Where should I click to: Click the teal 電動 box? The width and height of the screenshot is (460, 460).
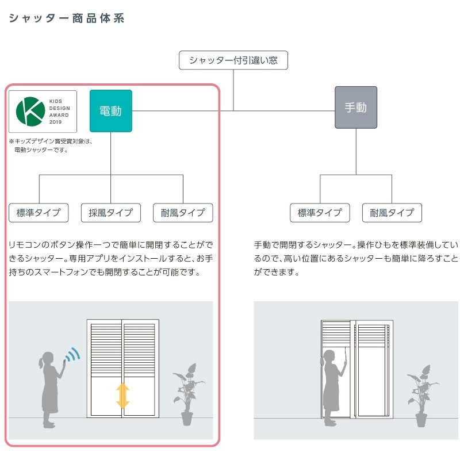click(x=110, y=111)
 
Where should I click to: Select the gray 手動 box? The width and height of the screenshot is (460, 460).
click(x=356, y=108)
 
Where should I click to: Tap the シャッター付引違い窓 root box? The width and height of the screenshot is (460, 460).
click(x=233, y=60)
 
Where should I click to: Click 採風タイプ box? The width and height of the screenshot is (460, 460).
click(x=111, y=213)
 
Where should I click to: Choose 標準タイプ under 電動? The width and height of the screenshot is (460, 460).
click(x=39, y=213)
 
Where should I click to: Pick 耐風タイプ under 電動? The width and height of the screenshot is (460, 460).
click(x=183, y=213)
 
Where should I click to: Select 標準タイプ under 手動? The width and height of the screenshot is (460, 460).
click(x=320, y=213)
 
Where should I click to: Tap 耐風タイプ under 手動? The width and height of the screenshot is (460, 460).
click(x=392, y=213)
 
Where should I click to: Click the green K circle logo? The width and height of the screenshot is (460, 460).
click(x=30, y=112)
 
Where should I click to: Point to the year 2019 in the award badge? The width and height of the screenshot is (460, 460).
click(x=55, y=122)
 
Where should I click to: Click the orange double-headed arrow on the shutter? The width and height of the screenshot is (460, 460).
click(x=122, y=396)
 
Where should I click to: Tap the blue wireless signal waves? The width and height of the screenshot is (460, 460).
click(x=72, y=354)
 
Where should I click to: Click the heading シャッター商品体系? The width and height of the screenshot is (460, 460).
click(x=67, y=18)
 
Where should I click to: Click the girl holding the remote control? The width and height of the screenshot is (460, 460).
click(x=51, y=390)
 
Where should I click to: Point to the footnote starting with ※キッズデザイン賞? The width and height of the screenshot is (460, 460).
click(x=51, y=145)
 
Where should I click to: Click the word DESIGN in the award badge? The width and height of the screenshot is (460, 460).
click(x=60, y=108)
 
